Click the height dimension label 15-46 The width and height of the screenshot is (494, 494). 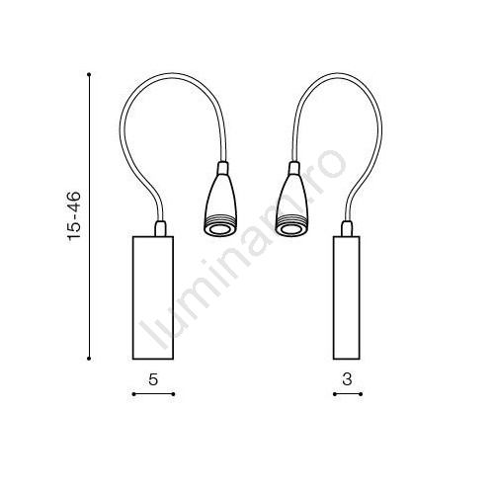pos(74,216)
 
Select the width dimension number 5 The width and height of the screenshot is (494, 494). pos(153,379)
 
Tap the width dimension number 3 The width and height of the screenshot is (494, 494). pos(347,379)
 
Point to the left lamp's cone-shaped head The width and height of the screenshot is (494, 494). pos(220,206)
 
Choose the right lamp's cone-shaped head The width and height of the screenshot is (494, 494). pos(291,206)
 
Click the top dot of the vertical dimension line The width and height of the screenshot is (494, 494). pos(89,74)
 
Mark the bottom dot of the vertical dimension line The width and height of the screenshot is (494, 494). pos(89,359)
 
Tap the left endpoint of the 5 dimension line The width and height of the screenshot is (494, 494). pos(133,394)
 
